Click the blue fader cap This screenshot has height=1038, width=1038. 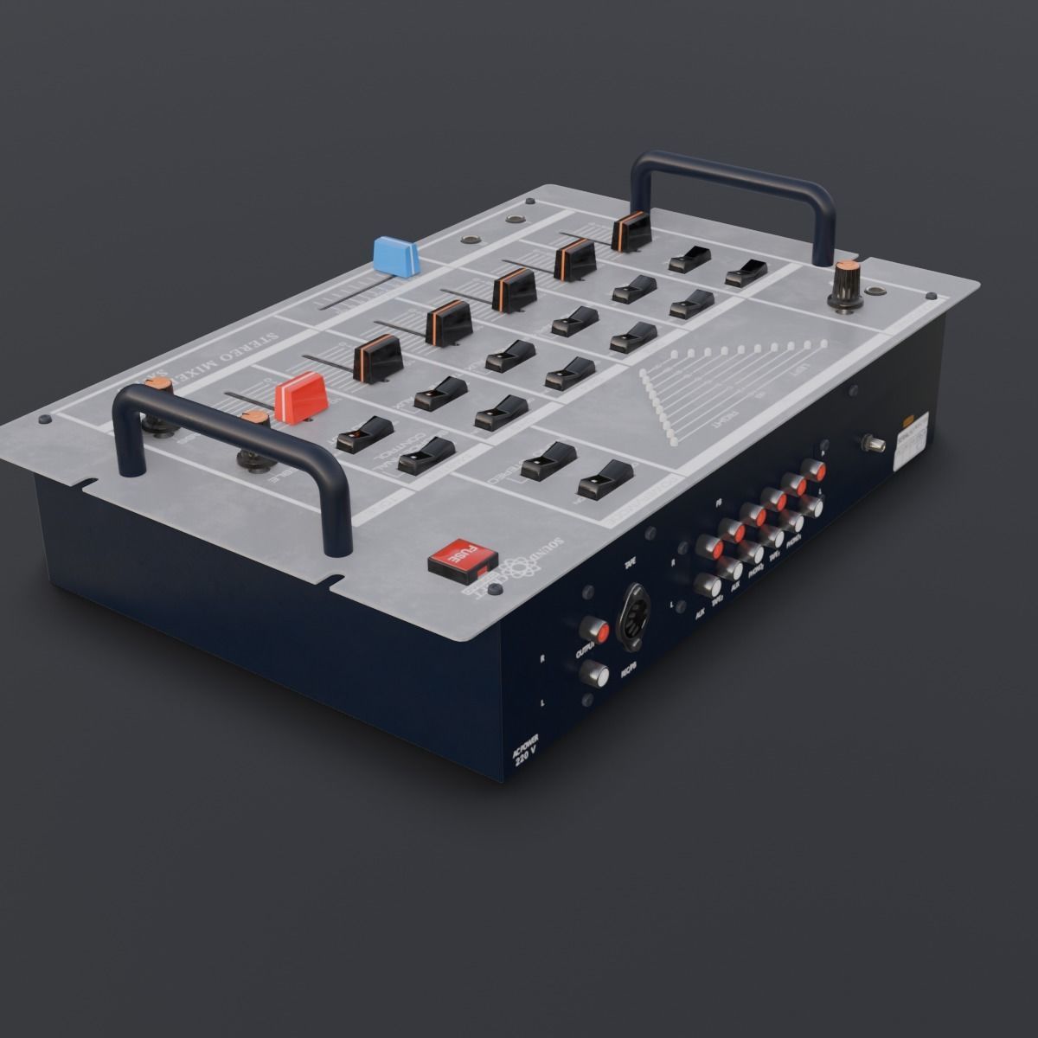pos(395,255)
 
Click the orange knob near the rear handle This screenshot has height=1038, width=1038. pos(846,279)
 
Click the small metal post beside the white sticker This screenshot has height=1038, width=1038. pos(875,445)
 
